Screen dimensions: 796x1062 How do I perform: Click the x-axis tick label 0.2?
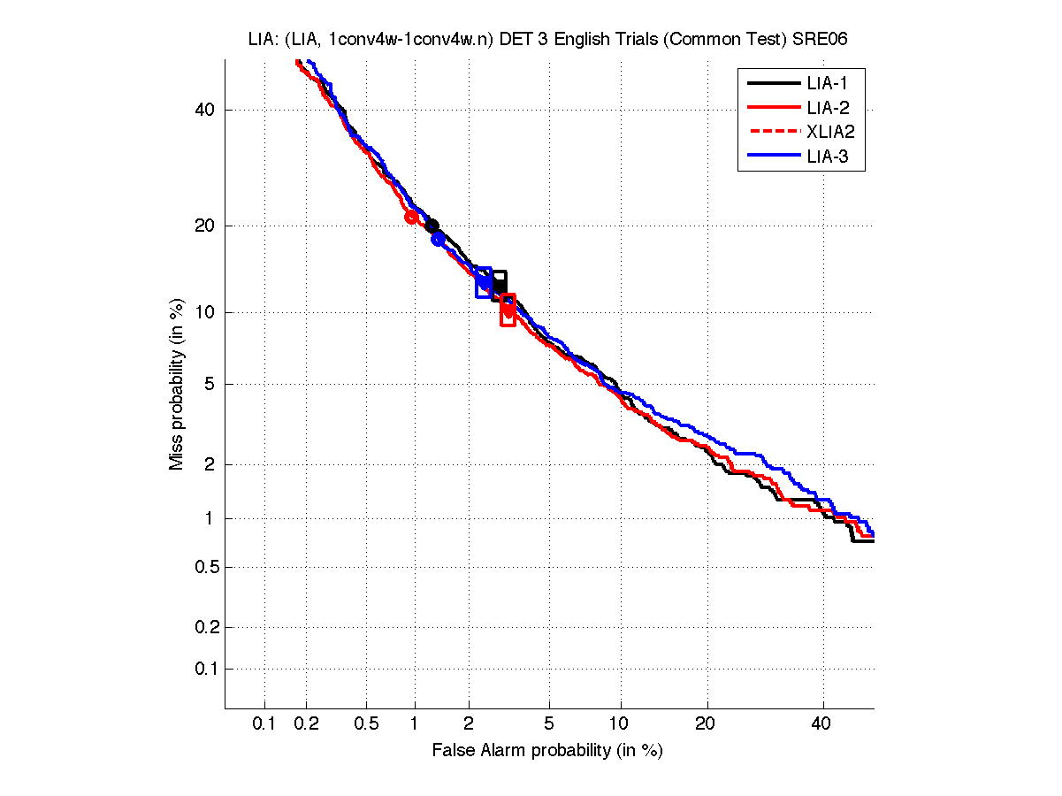(307, 724)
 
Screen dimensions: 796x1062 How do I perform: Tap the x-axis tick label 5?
(549, 724)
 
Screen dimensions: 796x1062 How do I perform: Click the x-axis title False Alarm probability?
(546, 751)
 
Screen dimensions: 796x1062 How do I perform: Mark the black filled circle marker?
(432, 226)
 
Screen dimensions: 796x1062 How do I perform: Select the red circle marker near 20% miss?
(411, 217)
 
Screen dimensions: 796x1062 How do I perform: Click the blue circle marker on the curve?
(438, 240)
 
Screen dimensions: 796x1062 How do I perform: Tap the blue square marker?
(484, 281)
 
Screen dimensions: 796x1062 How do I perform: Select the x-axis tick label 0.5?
(367, 724)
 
